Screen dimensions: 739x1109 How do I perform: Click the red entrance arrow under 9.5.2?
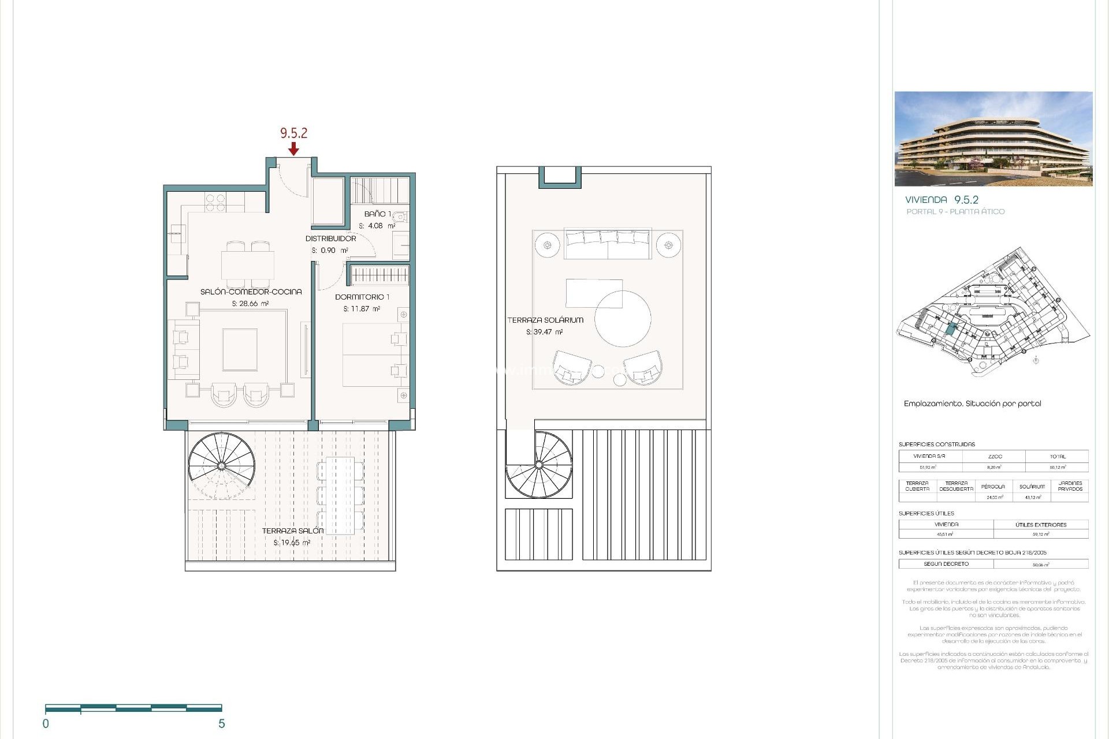[x=293, y=149]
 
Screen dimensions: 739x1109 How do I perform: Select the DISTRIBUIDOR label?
[x=330, y=238]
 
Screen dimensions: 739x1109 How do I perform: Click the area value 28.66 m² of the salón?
[x=250, y=304]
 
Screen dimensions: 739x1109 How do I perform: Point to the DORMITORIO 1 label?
[x=362, y=297]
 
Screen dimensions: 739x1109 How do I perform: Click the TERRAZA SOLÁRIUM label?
[x=545, y=320]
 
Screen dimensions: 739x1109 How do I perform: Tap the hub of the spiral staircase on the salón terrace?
[x=221, y=465]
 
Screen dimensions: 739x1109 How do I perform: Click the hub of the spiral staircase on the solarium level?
[x=539, y=464]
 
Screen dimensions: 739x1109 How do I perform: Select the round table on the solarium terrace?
[x=623, y=319]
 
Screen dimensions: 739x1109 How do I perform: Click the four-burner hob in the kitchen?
[x=215, y=203]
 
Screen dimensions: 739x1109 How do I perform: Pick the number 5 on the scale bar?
[x=221, y=723]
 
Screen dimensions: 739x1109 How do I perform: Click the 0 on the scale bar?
[x=46, y=723]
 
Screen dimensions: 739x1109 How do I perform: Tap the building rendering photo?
[x=993, y=139]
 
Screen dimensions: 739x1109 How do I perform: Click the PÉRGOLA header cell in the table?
[x=993, y=487]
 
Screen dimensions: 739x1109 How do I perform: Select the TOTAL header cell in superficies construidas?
[x=1058, y=457]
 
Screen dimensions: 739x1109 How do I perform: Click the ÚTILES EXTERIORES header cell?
[x=1041, y=525]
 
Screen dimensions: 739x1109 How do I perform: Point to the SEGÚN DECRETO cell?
[x=946, y=564]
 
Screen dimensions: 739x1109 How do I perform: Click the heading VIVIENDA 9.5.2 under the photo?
[x=941, y=200]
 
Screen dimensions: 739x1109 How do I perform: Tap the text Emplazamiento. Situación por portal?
[x=972, y=404]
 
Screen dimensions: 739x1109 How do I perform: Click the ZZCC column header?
[x=995, y=457]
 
